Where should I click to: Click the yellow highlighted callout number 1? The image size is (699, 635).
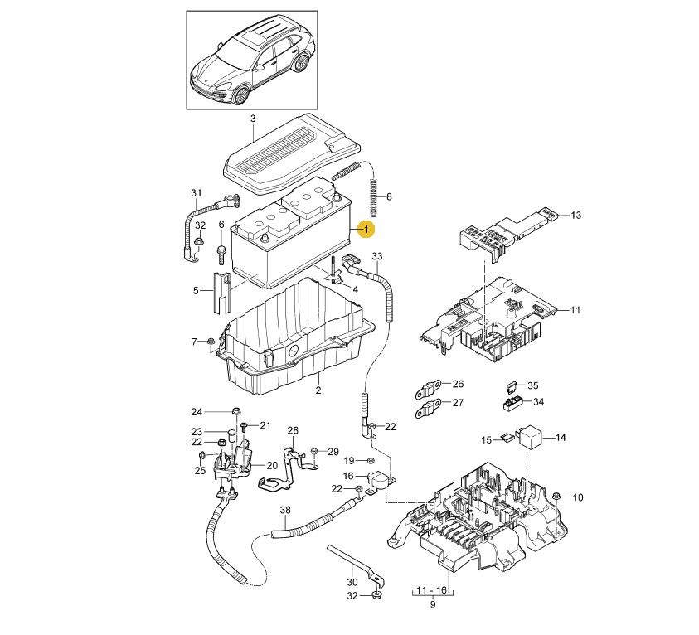click(366, 230)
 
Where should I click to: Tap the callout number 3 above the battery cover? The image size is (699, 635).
click(253, 119)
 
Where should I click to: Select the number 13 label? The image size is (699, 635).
click(576, 216)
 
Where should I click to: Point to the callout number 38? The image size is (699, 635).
click(285, 510)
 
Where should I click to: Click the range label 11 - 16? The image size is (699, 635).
click(431, 590)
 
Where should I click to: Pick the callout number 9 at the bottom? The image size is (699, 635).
click(432, 604)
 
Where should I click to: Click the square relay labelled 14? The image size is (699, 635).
click(530, 435)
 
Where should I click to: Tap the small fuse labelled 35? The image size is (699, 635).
click(512, 386)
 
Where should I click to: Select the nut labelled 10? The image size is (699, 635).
click(556, 497)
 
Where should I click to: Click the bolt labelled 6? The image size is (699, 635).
click(221, 253)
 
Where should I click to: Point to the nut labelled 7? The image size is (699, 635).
click(211, 342)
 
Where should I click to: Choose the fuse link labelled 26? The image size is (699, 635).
click(429, 389)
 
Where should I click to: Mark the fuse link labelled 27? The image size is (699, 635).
click(428, 409)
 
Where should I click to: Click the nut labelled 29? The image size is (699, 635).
click(313, 452)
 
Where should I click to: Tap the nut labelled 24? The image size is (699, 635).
click(235, 410)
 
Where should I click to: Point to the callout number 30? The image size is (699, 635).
click(352, 582)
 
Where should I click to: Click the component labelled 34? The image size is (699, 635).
click(512, 403)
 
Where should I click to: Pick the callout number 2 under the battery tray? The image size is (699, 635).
click(318, 390)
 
